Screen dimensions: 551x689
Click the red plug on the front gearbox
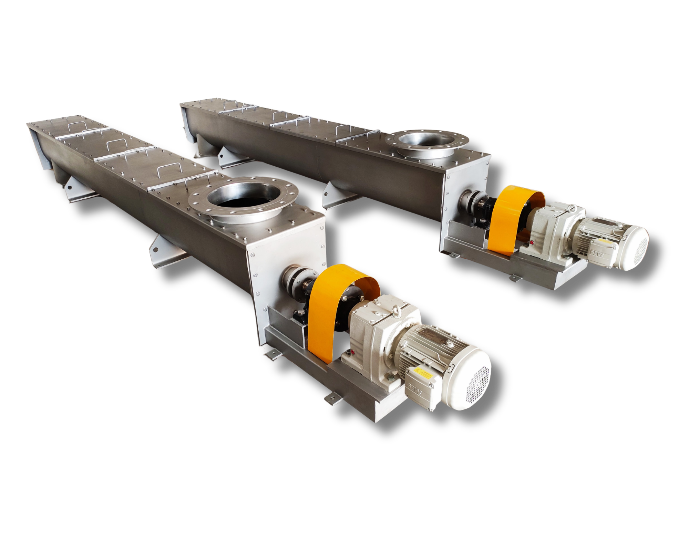click(351, 352)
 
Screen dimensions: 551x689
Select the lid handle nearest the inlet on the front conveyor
click(197, 179)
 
